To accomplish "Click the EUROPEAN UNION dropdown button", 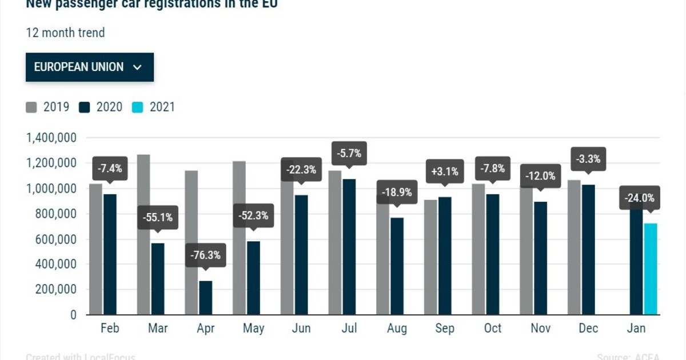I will (89, 67).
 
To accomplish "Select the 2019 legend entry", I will (48, 107).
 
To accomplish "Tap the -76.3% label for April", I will (206, 255).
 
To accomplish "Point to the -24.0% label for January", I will (640, 198).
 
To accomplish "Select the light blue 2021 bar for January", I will (651, 269).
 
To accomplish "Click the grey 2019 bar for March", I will (143, 234).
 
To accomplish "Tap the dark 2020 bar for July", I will (349, 246).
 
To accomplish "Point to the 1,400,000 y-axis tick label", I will (51, 138).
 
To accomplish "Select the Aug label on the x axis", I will (397, 329).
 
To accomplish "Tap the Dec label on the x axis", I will (588, 329).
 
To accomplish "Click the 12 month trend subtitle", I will (65, 33).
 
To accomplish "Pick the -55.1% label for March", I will (158, 217).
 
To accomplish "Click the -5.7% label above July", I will (349, 154).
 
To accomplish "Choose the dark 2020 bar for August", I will (397, 266).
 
